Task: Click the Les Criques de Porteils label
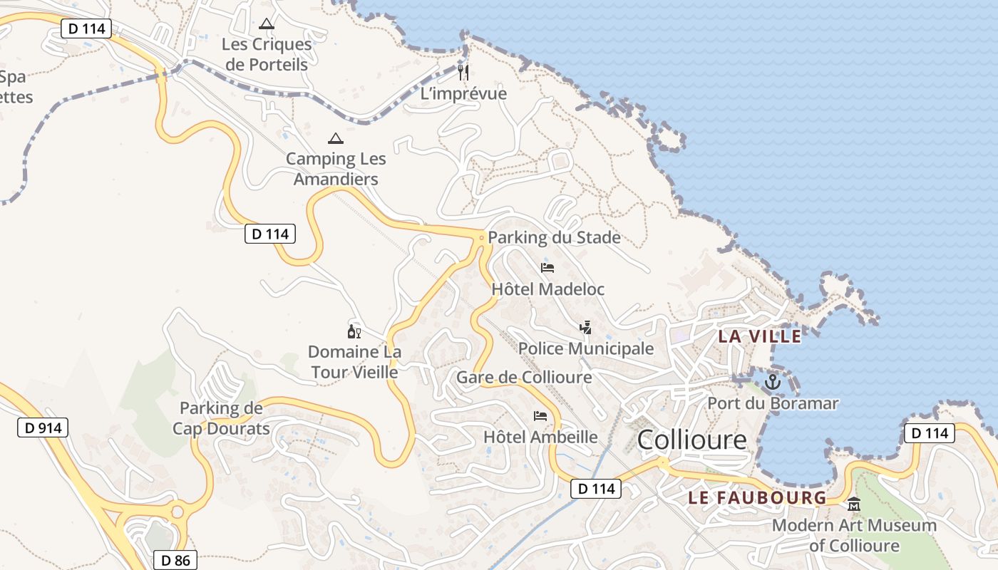tap(267, 54)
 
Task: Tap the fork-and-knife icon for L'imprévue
tap(463, 71)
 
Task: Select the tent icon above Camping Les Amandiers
tap(335, 138)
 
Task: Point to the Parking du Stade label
tap(554, 237)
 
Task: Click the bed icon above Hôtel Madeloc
tap(547, 268)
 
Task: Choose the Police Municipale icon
tap(585, 328)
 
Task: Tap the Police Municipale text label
tap(586, 348)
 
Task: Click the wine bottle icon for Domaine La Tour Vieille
tap(354, 332)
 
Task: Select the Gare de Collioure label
tap(524, 377)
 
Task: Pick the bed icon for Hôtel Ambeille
tap(540, 416)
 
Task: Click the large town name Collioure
tap(691, 440)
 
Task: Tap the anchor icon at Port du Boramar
tap(773, 383)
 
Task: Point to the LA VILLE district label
tap(760, 336)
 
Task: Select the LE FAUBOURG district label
tap(757, 498)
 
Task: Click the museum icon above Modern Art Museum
tap(854, 505)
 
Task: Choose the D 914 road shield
tap(43, 427)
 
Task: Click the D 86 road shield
tap(175, 560)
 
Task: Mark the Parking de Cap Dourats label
tap(221, 418)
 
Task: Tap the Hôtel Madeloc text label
tap(547, 289)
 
